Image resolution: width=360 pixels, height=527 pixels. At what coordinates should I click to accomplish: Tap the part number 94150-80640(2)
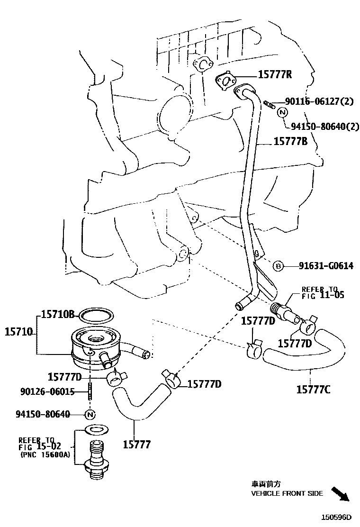point(324,127)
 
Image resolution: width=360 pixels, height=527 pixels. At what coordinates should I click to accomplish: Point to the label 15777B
point(290,141)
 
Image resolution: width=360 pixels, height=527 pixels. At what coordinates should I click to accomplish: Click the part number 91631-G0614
point(325,266)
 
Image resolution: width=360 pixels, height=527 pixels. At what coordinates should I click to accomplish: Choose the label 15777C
point(313,390)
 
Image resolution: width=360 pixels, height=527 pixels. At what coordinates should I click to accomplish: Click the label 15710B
point(58,314)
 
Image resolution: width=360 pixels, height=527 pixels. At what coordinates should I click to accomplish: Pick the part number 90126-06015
point(47,391)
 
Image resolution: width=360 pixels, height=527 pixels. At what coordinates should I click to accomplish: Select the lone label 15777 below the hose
point(136,444)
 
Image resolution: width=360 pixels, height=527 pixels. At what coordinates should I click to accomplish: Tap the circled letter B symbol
point(279,266)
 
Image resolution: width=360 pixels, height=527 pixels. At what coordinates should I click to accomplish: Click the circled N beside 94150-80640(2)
point(282,112)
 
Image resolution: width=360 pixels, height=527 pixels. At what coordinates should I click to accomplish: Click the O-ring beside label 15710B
point(96,314)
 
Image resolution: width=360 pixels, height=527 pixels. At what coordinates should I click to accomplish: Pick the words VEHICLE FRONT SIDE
point(287,493)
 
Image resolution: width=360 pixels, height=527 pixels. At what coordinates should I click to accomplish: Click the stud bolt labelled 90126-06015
point(89,392)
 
